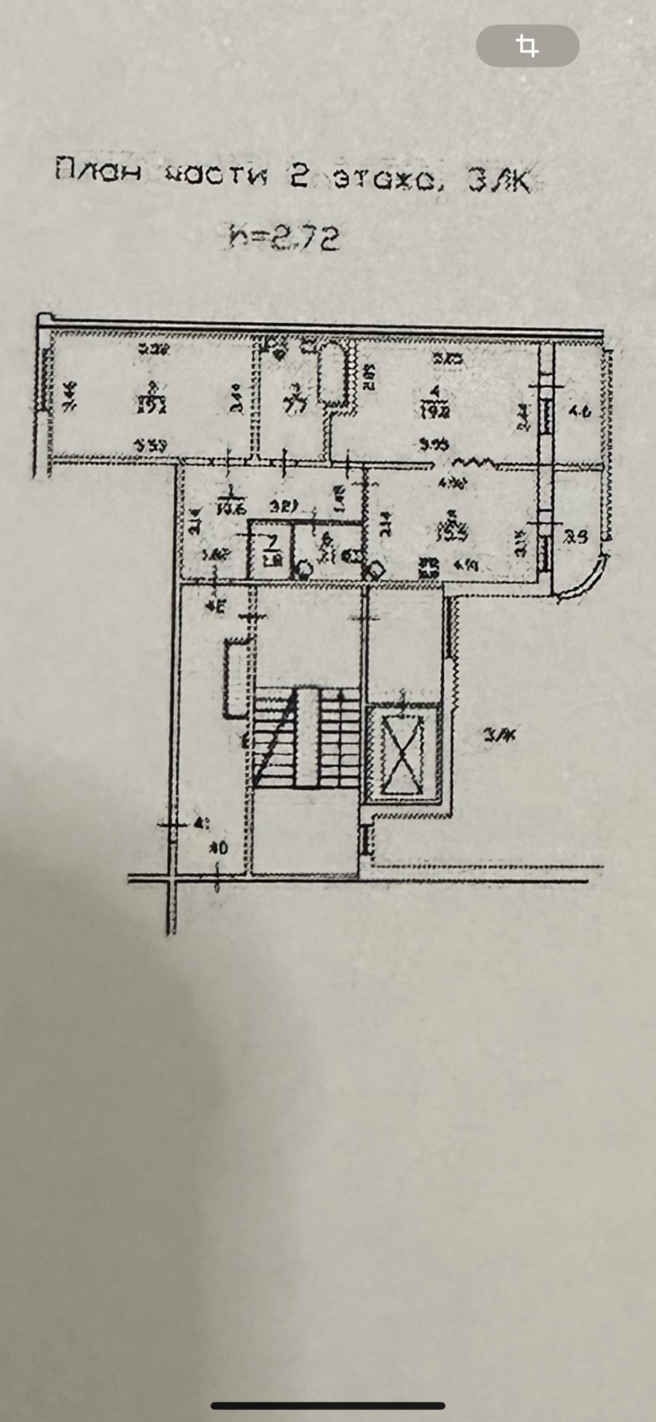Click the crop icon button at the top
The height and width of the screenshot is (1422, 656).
click(x=528, y=46)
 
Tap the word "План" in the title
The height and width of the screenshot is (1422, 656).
click(x=98, y=172)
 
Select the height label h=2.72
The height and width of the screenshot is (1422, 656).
click(x=284, y=237)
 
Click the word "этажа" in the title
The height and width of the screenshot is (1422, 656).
click(x=384, y=178)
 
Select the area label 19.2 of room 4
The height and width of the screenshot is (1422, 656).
click(x=435, y=411)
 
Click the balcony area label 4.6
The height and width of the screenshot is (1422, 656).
click(x=581, y=411)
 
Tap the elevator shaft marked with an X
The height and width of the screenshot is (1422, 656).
click(x=403, y=755)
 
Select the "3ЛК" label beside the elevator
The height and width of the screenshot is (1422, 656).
click(x=499, y=736)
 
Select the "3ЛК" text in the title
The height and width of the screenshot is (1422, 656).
click(x=499, y=181)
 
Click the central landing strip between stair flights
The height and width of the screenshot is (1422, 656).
click(x=308, y=737)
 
